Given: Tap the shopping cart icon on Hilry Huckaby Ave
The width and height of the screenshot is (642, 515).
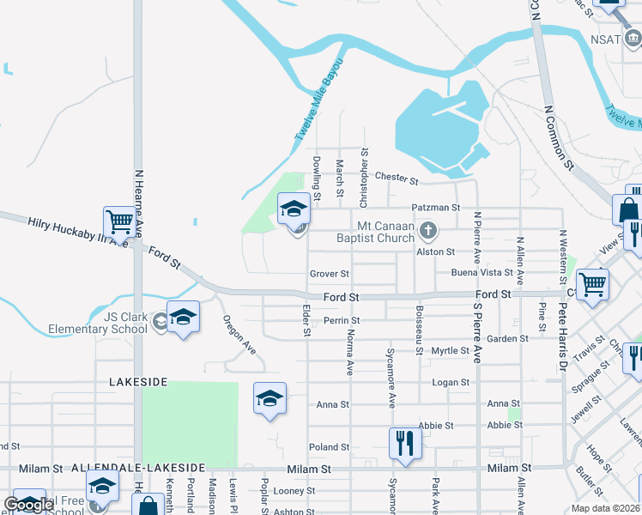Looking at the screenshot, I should [x=119, y=222].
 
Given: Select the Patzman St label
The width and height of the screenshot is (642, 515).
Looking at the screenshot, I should [x=436, y=208].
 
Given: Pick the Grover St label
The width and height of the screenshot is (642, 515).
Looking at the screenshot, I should [x=330, y=275].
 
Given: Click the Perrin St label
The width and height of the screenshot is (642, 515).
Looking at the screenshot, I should [x=342, y=320].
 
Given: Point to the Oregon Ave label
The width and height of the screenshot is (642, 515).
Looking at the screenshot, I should [x=239, y=336].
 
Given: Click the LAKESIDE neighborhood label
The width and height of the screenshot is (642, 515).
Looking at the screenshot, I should [x=138, y=380].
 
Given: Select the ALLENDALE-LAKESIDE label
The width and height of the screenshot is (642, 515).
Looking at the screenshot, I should [x=138, y=468].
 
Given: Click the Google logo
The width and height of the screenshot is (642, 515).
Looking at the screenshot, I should [x=28, y=505].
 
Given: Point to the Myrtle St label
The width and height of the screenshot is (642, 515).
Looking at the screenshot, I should [x=450, y=351].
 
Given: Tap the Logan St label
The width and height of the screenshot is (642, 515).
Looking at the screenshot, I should [x=451, y=383].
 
